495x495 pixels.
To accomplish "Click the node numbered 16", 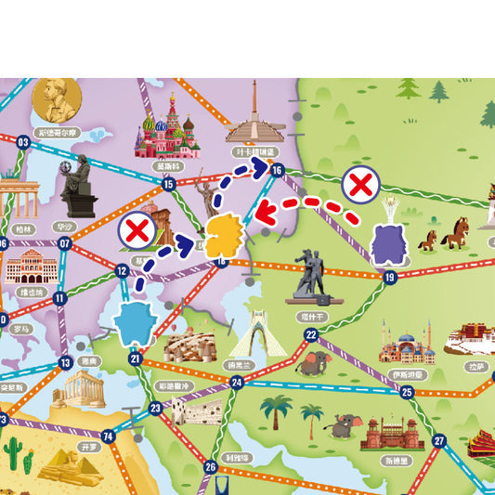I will click(x=276, y=169).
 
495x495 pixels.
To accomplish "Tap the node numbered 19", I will click(x=389, y=277).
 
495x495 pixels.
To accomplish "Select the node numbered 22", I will click(x=311, y=334).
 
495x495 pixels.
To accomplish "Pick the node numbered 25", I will click(x=407, y=392).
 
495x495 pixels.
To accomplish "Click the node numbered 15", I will click(x=168, y=184).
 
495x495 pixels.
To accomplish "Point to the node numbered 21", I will click(x=136, y=358).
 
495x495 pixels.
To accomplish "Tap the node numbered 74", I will click(x=108, y=436).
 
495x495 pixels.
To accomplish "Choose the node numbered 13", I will click(x=65, y=363).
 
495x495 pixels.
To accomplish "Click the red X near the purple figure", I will click(x=358, y=185).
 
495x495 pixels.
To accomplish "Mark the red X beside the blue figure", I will click(x=137, y=229).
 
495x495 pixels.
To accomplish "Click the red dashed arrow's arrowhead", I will click(x=264, y=213).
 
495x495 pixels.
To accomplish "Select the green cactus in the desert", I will click(x=12, y=452).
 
